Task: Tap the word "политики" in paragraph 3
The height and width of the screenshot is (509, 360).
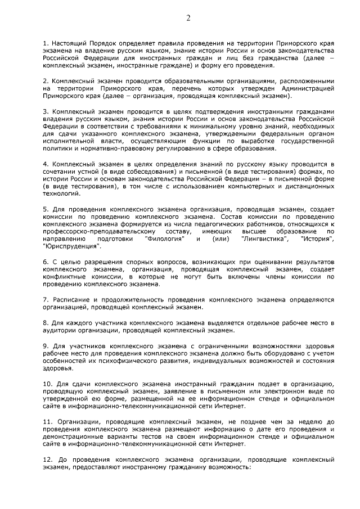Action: coord(57,149)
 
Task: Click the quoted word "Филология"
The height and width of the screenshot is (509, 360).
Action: coord(163,240)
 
